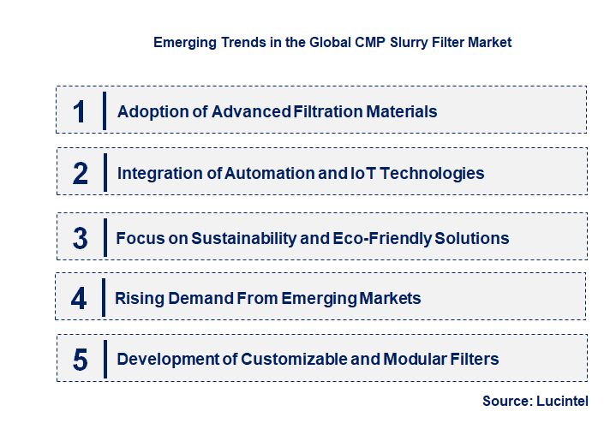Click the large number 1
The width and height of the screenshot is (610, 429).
pyautogui.click(x=80, y=111)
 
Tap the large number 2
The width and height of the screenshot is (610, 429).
pyautogui.click(x=81, y=173)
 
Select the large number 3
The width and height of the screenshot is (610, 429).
pyautogui.click(x=81, y=238)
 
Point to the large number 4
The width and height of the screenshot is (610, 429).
pyautogui.click(x=80, y=299)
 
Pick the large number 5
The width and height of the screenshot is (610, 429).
pyautogui.click(x=81, y=359)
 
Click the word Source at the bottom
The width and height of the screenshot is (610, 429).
pyautogui.click(x=506, y=400)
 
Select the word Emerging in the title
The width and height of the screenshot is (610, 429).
pyautogui.click(x=182, y=42)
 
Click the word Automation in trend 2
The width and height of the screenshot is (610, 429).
pyautogui.click(x=266, y=173)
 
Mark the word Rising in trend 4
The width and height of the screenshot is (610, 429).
pyautogui.click(x=139, y=299)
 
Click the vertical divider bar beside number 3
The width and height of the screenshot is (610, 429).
pyautogui.click(x=103, y=237)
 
